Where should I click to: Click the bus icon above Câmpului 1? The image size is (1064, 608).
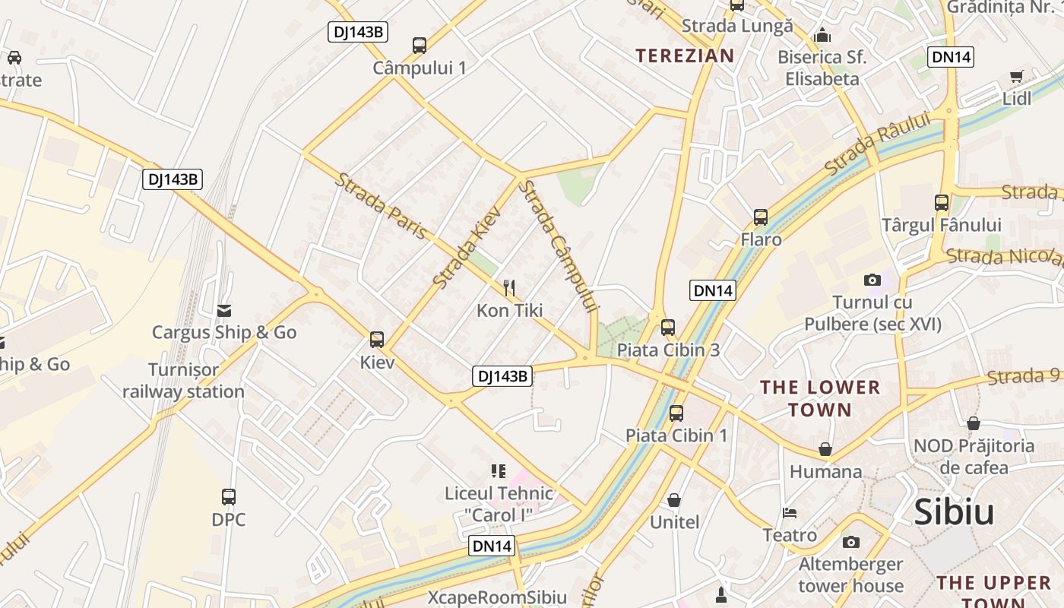coord(420,45)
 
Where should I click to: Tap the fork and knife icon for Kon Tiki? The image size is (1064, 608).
coord(509,287)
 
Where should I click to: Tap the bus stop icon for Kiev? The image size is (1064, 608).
coord(377,339)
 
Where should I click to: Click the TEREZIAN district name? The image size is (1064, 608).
coord(685,55)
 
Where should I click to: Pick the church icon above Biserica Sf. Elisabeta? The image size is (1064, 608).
coord(822,35)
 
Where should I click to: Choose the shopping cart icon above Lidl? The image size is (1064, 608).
coord(1016,76)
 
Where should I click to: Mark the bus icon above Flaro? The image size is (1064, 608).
coord(761,217)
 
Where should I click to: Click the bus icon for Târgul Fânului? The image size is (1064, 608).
coord(942,202)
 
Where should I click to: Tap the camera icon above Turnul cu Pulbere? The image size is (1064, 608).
coord(872,280)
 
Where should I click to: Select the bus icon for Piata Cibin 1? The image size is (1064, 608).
coord(676,413)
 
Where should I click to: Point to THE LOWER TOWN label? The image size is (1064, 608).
coord(820,398)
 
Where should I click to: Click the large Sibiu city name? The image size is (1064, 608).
coord(954,512)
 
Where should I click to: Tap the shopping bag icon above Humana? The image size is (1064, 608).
coord(825,449)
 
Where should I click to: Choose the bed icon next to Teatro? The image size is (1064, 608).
coord(790,513)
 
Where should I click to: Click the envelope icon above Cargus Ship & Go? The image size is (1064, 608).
coord(224,310)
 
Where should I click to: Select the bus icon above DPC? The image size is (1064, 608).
coord(228,497)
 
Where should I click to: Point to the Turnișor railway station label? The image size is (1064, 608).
coord(183,381)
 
